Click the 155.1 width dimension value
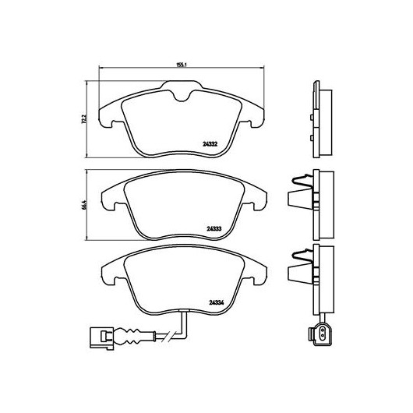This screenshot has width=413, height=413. coord(182,65)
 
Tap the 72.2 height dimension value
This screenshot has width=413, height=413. coord(83,119)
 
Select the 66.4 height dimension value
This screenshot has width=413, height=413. coord(83,205)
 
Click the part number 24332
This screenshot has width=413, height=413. coord(210,144)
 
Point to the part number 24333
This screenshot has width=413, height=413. coord(214,228)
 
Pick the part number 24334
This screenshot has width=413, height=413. coord(217,303)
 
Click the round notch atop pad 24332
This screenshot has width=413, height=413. coord(182,98)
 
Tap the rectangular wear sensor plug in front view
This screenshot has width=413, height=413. coord(101,338)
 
